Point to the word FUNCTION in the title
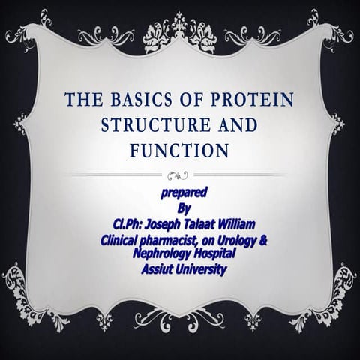[179, 150]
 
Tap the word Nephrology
[161, 254]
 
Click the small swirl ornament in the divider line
[179, 175]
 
